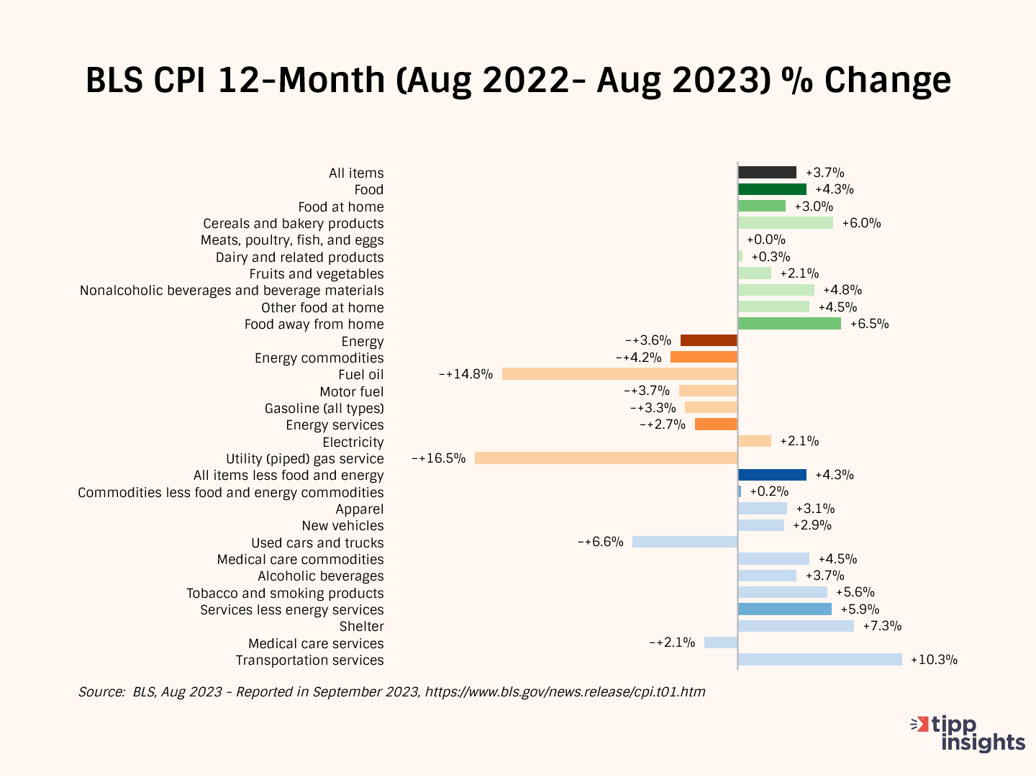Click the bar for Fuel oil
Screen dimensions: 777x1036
619,374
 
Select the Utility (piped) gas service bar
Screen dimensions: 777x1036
606,458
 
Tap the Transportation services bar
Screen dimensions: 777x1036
819,660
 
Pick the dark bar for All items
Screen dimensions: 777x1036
767,173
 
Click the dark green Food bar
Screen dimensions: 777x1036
772,189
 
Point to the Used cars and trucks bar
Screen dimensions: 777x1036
685,542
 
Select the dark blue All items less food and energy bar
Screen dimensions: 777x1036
772,475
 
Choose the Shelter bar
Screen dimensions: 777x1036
796,626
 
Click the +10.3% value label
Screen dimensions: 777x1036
934,660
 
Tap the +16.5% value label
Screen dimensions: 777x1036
439,458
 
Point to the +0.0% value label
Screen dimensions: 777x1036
765,240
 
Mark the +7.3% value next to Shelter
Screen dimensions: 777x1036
882,626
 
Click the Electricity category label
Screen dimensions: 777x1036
353,442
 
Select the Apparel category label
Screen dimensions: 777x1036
359,509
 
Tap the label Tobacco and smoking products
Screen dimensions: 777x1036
285,594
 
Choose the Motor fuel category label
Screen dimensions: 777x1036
351,391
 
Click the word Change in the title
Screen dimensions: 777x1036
887,81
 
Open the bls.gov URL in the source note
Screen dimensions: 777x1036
565,692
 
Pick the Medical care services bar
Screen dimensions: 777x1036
721,642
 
